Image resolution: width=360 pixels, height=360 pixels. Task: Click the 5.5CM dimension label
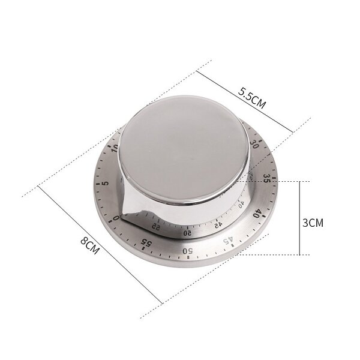[251, 97]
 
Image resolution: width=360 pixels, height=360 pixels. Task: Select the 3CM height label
[312, 222]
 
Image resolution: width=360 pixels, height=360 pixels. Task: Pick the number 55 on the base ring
[145, 242]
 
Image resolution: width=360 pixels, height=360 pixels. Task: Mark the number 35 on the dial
[266, 179]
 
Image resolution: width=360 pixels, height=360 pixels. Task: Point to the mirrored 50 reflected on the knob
[187, 232]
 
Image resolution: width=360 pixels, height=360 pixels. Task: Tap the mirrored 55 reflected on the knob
[156, 226]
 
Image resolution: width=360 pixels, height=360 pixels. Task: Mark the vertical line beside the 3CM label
[299, 218]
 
